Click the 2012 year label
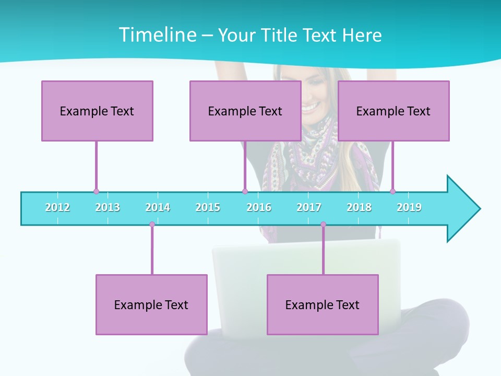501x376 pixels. pos(57,207)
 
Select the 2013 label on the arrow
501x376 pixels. pos(108,207)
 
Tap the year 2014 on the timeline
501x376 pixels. pos(158,207)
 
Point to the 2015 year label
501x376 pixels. pos(208,207)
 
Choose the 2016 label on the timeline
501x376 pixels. pos(259,207)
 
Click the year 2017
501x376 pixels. pos(309,207)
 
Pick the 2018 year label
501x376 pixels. pos(359,207)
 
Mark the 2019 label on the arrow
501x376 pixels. pos(409,207)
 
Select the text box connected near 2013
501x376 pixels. pos(97,111)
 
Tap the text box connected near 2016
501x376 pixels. pos(245,111)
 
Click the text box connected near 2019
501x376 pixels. pos(393,111)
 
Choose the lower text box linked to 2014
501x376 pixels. pos(151,304)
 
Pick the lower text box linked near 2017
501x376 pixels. pos(323,304)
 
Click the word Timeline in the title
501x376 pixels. pos(157,35)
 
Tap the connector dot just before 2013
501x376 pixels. pos(96,191)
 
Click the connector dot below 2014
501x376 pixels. pos(152,225)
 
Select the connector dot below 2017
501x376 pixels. pos(323,225)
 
